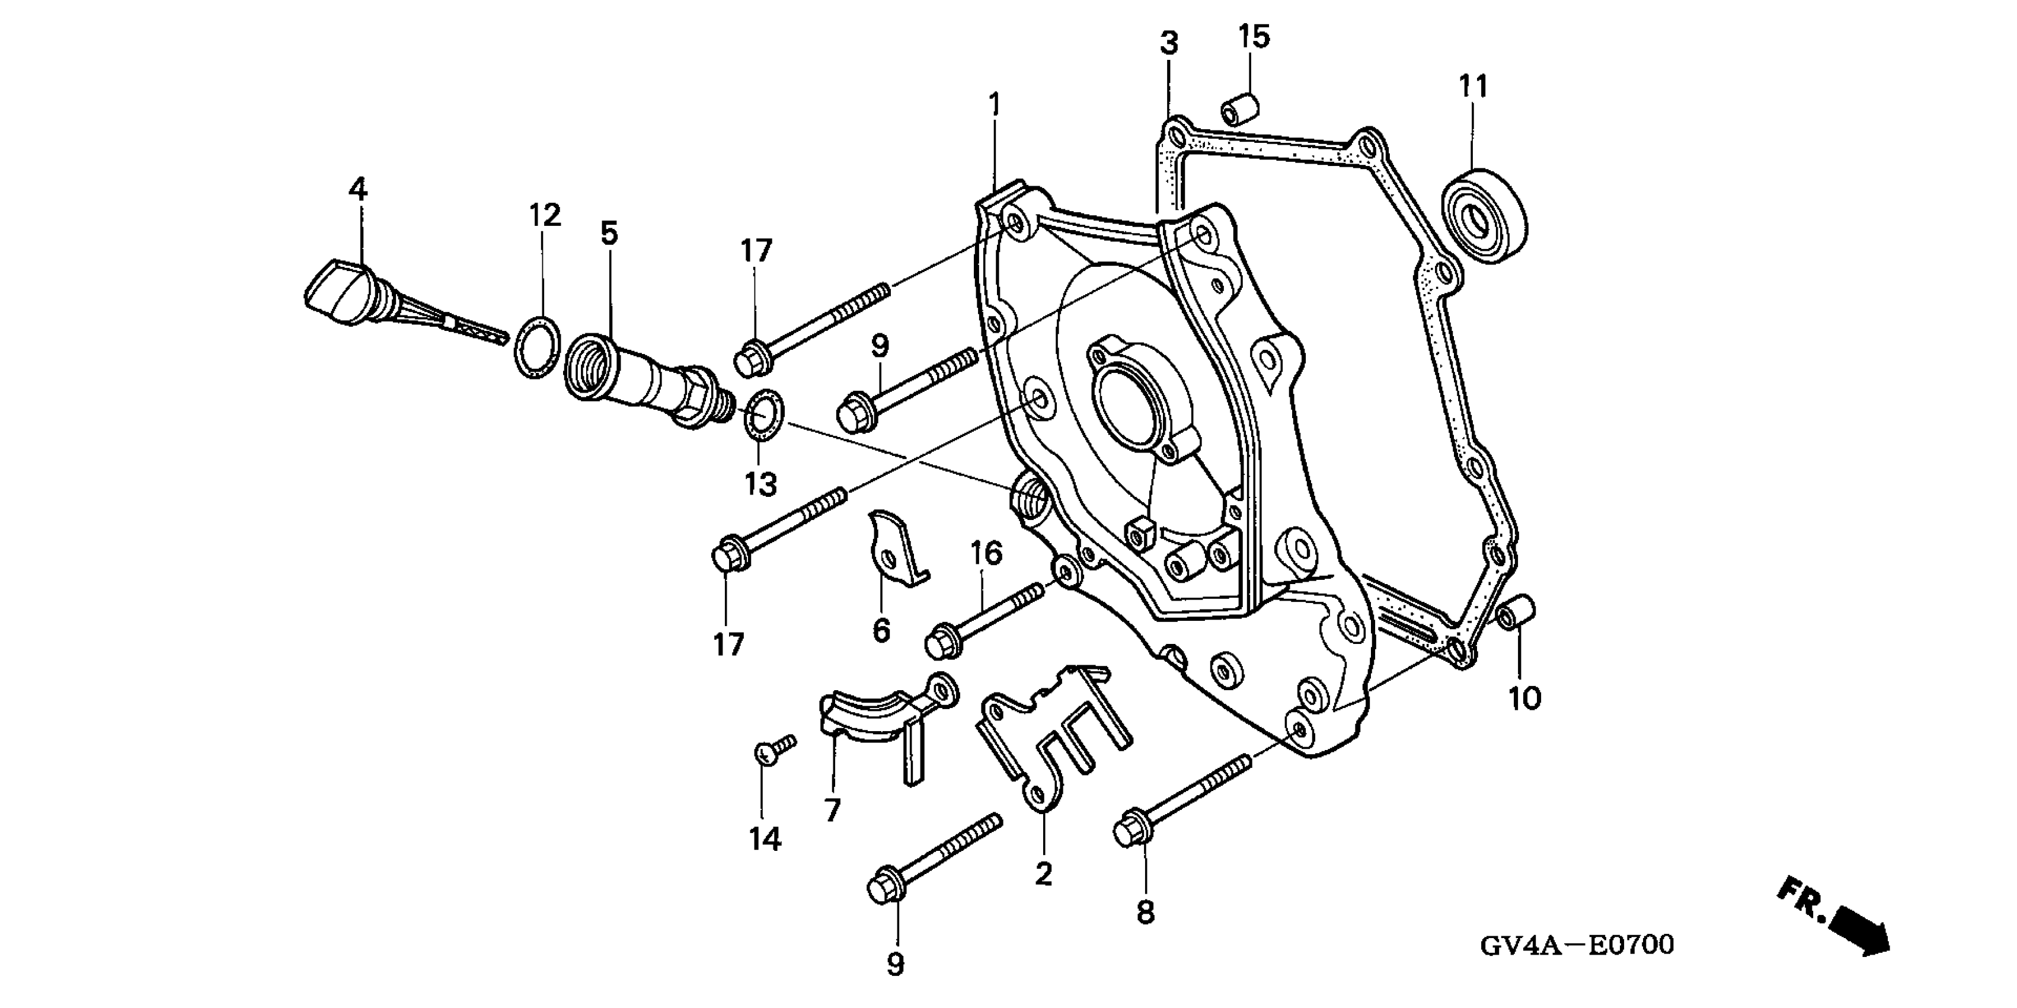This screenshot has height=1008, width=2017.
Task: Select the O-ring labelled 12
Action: point(537,347)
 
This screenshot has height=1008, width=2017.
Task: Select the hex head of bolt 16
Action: point(938,643)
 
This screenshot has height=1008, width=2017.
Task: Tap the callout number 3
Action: point(1169,43)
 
